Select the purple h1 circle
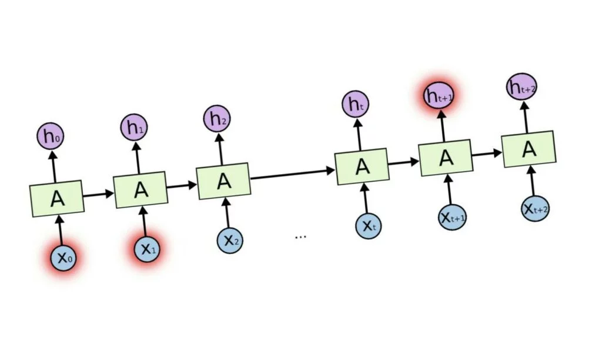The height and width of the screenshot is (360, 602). pyautogui.click(x=133, y=126)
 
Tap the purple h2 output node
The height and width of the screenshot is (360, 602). pyautogui.click(x=218, y=119)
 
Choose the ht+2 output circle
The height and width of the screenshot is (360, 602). pyautogui.click(x=521, y=88)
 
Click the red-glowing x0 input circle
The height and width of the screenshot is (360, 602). pyautogui.click(x=62, y=258)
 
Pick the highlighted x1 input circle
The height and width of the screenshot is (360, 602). pyautogui.click(x=146, y=249)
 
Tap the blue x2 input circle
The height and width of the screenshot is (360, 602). pyautogui.click(x=230, y=239)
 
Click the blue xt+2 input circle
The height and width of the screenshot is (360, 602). pyautogui.click(x=536, y=208)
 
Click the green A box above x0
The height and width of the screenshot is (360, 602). pyautogui.click(x=57, y=199)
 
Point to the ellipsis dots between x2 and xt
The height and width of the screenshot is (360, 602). pyautogui.click(x=300, y=236)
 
